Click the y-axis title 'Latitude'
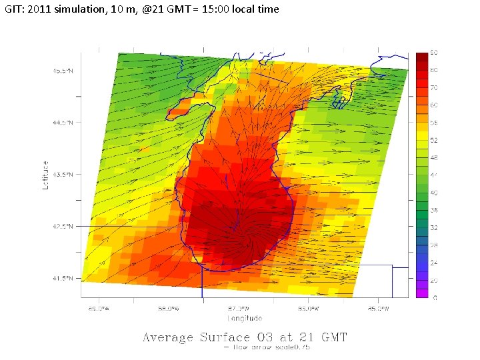pyautogui.click(x=46, y=175)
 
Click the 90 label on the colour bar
pyautogui.click(x=433, y=53)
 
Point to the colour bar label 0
pyautogui.click(x=435, y=297)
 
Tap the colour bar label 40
pyautogui.click(x=433, y=192)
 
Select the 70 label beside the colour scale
pyautogui.click(x=433, y=87)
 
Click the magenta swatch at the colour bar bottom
pyautogui.click(x=421, y=293)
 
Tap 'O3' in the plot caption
pyautogui.click(x=269, y=337)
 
